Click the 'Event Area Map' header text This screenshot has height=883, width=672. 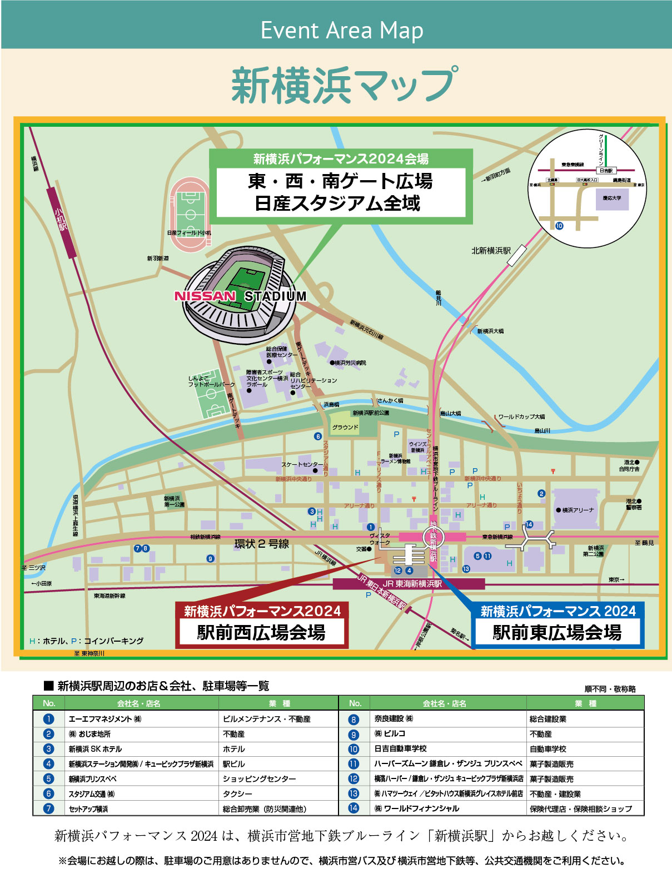[x=342, y=31]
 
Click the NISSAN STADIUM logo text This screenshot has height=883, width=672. [x=240, y=296]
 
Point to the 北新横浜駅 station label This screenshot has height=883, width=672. [x=491, y=251]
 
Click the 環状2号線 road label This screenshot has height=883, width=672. [x=262, y=544]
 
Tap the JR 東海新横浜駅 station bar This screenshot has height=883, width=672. [x=409, y=584]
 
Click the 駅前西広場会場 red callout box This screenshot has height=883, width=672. [x=261, y=632]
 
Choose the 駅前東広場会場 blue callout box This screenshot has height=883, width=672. [x=557, y=632]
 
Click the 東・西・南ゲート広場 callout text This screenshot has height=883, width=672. [x=340, y=182]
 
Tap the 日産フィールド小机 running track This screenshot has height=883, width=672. [x=190, y=214]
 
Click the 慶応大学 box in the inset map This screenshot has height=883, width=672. [x=611, y=199]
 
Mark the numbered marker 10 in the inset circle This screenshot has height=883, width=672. [x=559, y=226]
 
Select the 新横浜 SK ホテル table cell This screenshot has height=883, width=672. [x=95, y=749]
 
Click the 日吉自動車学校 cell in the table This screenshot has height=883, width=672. [x=400, y=749]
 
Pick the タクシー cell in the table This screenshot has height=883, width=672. [x=237, y=794]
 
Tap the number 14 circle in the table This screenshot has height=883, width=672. [x=354, y=808]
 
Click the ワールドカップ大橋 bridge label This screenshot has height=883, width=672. [x=521, y=416]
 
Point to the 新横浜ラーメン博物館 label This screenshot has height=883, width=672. [x=395, y=459]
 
